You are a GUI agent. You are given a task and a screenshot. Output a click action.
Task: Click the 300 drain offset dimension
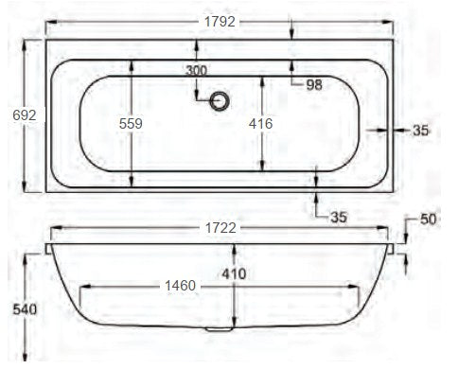click(x=196, y=71)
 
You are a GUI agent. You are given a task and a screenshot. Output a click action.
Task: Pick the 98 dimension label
click(x=314, y=85)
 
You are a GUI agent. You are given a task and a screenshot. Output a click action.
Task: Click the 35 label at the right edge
click(x=421, y=131)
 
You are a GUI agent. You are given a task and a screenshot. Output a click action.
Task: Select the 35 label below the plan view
click(x=340, y=217)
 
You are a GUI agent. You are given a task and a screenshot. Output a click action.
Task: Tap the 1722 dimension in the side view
click(x=220, y=229)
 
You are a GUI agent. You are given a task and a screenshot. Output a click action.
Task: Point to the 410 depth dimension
click(x=235, y=274)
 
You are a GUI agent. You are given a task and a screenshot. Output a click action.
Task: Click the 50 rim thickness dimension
click(x=428, y=220)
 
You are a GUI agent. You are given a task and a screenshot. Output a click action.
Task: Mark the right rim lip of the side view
click(x=391, y=249)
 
